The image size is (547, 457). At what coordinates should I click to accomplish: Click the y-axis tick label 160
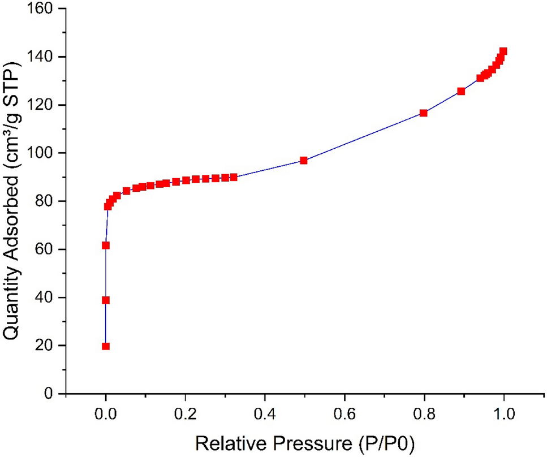tap(43, 9)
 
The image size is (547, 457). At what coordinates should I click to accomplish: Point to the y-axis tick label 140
tap(43, 57)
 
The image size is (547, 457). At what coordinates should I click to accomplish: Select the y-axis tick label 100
tap(43, 153)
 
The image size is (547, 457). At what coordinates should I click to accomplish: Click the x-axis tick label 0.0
tap(105, 413)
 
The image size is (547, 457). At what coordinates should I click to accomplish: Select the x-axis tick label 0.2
tap(185, 413)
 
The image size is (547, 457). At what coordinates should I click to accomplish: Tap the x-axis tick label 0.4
tap(265, 413)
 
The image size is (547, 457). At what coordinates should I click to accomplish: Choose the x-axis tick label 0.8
tap(424, 413)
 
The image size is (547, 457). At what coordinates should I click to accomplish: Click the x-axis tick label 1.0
tap(503, 413)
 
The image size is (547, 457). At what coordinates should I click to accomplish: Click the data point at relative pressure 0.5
tap(304, 161)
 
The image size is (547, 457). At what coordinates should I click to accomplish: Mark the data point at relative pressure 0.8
tap(423, 113)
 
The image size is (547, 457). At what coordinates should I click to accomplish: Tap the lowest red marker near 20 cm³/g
tap(106, 346)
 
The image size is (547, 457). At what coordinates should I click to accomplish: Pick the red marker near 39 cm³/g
tap(106, 300)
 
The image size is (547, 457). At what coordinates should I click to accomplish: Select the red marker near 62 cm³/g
tap(106, 245)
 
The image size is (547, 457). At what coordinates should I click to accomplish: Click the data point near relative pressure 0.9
tap(461, 91)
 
